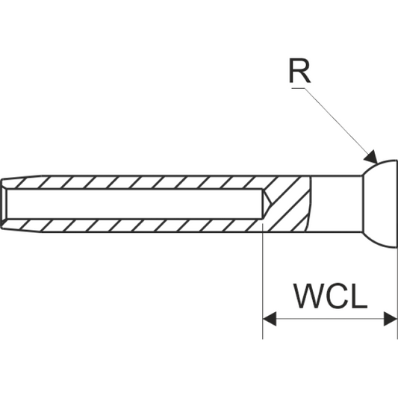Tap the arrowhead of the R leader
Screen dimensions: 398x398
point(370,157)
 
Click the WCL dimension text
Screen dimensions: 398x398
point(329,296)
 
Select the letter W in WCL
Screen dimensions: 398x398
point(305,296)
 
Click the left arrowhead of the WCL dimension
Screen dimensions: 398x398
point(270,319)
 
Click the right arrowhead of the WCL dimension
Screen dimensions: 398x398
point(391,319)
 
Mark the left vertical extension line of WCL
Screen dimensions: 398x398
point(263,284)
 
